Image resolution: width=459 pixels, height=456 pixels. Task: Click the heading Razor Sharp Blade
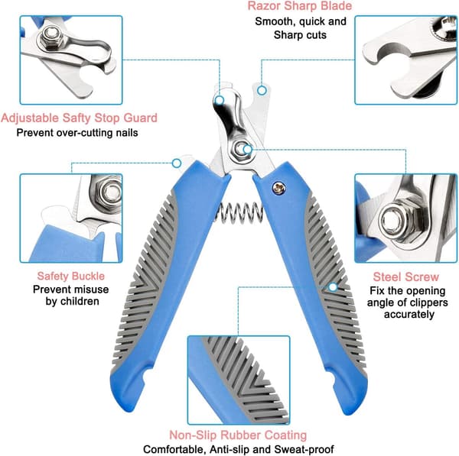pos(300,6)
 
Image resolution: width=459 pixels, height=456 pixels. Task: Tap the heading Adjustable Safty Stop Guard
pos(79,118)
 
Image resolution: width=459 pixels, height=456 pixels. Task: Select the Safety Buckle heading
pos(71,276)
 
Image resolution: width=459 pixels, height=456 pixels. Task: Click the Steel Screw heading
pos(406,277)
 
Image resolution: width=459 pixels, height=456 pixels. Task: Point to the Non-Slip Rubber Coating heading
pos(238,435)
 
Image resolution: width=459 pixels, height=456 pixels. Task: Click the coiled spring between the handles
pos(239,213)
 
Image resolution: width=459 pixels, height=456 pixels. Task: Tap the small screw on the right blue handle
pos(278,188)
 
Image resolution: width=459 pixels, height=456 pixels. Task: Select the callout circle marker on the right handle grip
pos(333,287)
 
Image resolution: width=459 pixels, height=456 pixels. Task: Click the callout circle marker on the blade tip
pos(262,91)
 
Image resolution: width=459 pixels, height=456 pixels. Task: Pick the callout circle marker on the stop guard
pos(220,101)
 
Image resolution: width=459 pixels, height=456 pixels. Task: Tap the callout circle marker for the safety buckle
pos(177,163)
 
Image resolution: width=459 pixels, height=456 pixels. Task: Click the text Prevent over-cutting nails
pos(77,133)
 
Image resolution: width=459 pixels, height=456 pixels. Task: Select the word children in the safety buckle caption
pos(80,302)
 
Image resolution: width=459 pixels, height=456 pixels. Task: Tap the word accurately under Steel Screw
pos(409,315)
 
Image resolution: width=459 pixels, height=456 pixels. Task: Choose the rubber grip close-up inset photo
pos(239,380)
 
